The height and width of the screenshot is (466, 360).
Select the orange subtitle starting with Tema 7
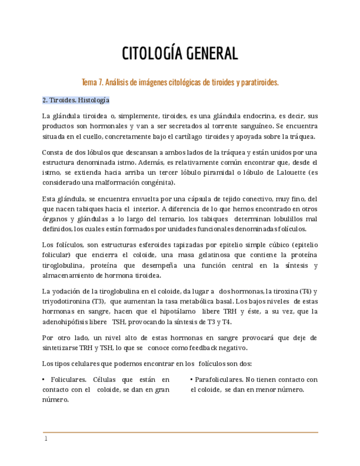point(180,82)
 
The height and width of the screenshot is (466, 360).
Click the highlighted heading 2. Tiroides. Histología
point(76,100)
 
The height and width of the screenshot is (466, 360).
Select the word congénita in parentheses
point(156,182)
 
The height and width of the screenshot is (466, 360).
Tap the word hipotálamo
point(176,312)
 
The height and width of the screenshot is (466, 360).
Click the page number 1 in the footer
point(46,439)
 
